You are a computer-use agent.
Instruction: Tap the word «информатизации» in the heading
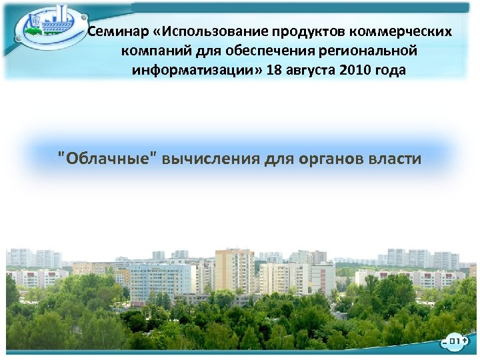[x=194, y=71]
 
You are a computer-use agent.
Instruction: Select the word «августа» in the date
[x=311, y=71]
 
